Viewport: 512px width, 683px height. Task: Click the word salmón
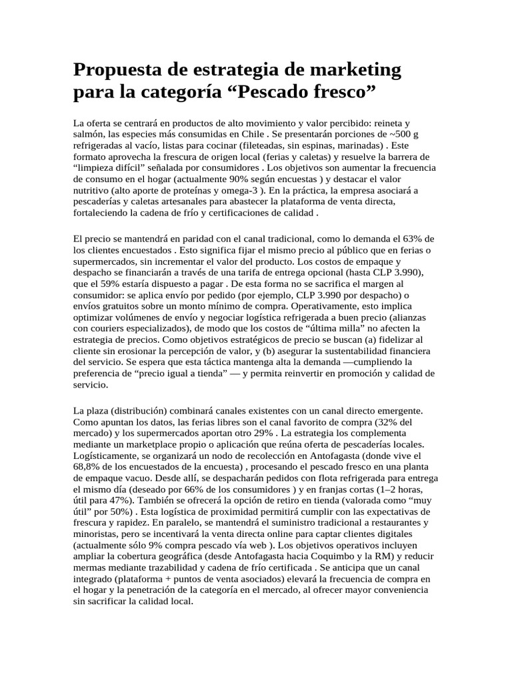pyautogui.click(x=91, y=136)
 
